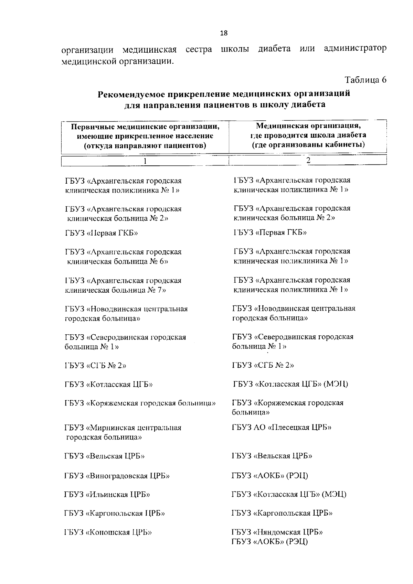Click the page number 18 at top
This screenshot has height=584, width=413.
click(x=223, y=33)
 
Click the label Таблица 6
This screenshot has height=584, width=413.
click(x=366, y=80)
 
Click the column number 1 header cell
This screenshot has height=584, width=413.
click(x=145, y=161)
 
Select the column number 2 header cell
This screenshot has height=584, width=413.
click(x=308, y=160)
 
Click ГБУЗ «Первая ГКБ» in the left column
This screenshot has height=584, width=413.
click(x=102, y=233)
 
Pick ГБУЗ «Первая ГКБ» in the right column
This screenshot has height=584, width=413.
click(x=270, y=232)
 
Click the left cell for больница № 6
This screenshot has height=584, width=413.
click(x=123, y=257)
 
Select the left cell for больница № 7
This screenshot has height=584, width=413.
click(x=123, y=285)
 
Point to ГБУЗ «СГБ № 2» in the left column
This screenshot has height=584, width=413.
click(x=95, y=366)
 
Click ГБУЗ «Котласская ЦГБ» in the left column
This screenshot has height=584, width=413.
click(x=108, y=385)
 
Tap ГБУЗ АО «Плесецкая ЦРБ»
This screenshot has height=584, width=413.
click(x=282, y=428)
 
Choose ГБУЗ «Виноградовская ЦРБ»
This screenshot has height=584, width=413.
click(x=117, y=476)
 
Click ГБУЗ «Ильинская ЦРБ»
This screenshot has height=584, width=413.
click(x=107, y=495)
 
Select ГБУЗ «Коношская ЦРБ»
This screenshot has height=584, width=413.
click(x=108, y=532)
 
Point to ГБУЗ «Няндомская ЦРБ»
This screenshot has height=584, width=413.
click(x=277, y=532)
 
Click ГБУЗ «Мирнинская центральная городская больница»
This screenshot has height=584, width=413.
click(x=123, y=432)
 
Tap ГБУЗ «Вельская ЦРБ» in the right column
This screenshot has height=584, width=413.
click(x=272, y=456)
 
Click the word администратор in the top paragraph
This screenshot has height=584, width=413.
click(x=355, y=49)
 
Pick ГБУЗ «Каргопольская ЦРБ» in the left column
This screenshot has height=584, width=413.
click(x=115, y=513)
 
